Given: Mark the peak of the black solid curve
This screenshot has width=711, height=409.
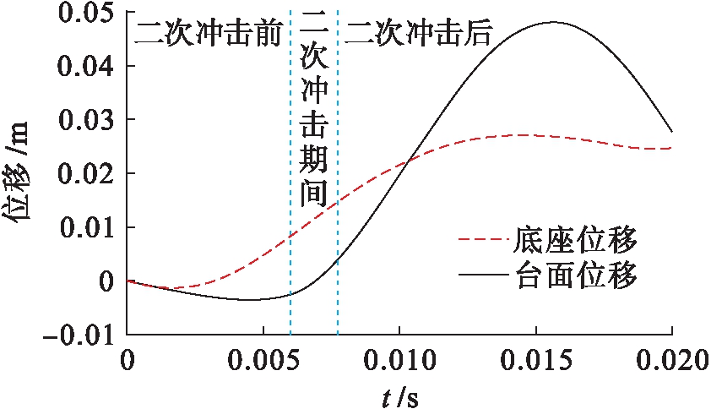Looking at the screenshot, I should pyautogui.click(x=553, y=22).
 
